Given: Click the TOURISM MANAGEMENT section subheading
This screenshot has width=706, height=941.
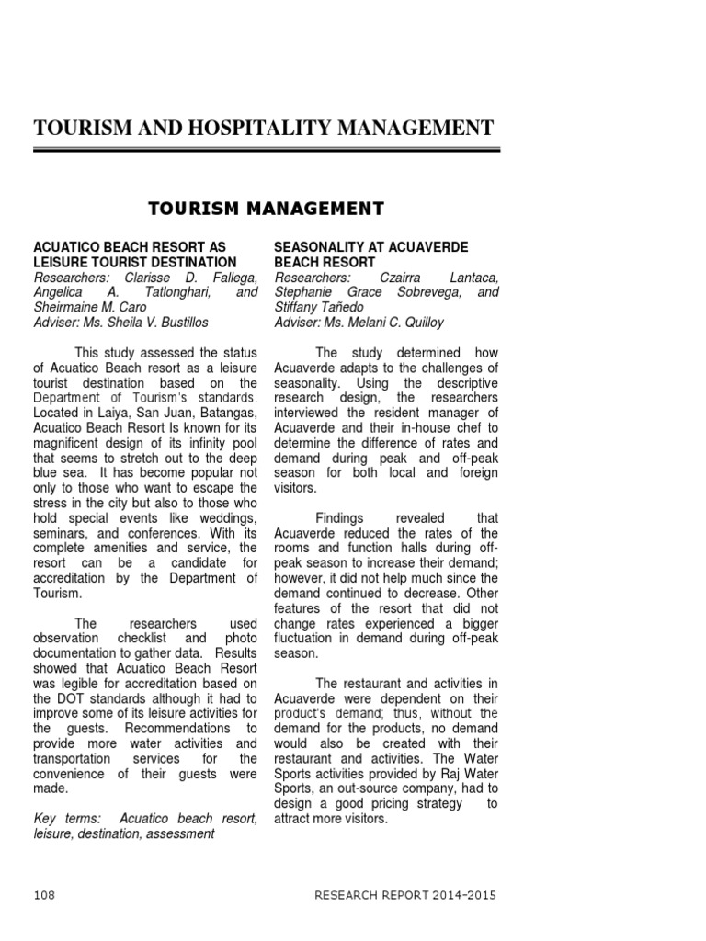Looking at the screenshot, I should pyautogui.click(x=267, y=209).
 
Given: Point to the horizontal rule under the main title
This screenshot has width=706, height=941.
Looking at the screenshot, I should pyautogui.click(x=267, y=149).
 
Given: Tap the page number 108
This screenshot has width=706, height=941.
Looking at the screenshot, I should pyautogui.click(x=45, y=894).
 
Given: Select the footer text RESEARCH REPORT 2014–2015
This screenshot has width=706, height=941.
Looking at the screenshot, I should pyautogui.click(x=407, y=894).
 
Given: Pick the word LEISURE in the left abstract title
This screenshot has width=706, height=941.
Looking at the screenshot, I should pyautogui.click(x=62, y=263).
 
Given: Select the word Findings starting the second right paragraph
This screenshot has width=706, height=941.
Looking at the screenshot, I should pyautogui.click(x=342, y=518).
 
